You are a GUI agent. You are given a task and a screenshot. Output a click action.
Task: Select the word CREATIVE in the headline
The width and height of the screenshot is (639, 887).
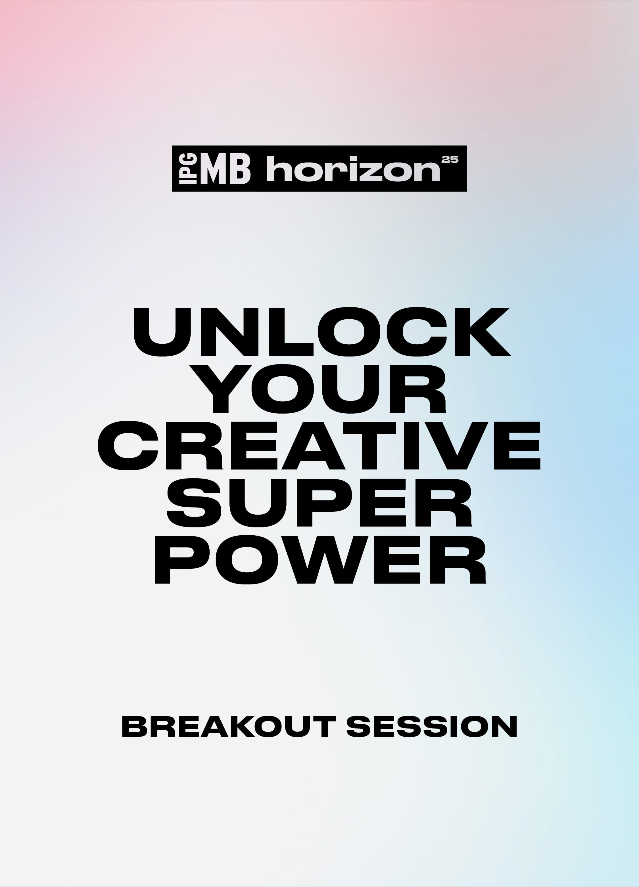319,445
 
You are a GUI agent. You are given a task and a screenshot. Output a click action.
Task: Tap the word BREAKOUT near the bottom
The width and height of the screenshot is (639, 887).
229,727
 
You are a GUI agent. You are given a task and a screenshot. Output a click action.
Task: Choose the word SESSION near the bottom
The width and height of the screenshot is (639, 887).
432,727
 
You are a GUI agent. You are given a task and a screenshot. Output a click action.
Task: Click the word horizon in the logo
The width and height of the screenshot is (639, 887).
353,169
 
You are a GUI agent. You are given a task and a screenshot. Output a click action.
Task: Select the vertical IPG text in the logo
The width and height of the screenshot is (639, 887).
188,169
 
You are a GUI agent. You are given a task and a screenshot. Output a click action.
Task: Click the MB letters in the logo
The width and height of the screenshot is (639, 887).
225,169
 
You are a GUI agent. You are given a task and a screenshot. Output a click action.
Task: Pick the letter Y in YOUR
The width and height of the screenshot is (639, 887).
220,389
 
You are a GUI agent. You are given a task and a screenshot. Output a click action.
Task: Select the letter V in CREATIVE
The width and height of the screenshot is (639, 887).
456,445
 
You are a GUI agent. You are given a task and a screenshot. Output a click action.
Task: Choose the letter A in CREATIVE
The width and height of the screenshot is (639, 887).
313,445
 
